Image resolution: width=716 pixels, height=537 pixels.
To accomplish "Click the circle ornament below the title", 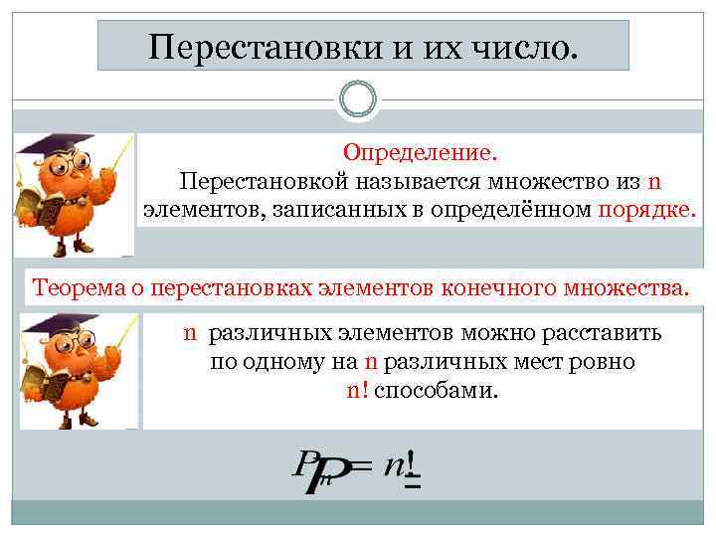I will pos(358,99).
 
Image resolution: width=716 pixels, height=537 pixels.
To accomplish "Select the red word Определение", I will pos(420,154).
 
